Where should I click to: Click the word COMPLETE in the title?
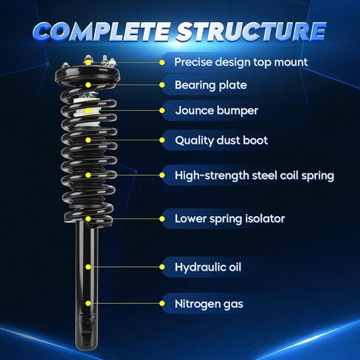tap(101, 31)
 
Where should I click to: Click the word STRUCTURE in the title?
tap(252, 31)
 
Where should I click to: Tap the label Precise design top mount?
tap(240, 62)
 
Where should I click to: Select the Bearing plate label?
tap(211, 85)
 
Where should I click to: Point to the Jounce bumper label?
tap(217, 111)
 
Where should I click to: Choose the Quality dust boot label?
tap(221, 140)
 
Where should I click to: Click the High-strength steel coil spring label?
tap(255, 176)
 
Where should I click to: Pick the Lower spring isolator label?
tap(229, 219)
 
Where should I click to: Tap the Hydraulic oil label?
tap(208, 267)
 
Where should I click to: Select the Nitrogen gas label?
tap(209, 304)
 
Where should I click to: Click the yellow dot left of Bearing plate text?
tap(162, 85)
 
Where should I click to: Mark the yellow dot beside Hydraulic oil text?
tap(162, 267)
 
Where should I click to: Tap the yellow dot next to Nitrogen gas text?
tap(162, 303)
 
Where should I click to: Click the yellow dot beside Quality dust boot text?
tap(162, 140)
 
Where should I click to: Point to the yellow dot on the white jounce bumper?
tap(89, 111)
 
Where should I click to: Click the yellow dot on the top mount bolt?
tap(89, 63)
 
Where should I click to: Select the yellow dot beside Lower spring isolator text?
tap(162, 219)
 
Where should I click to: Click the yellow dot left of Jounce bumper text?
tap(162, 111)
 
